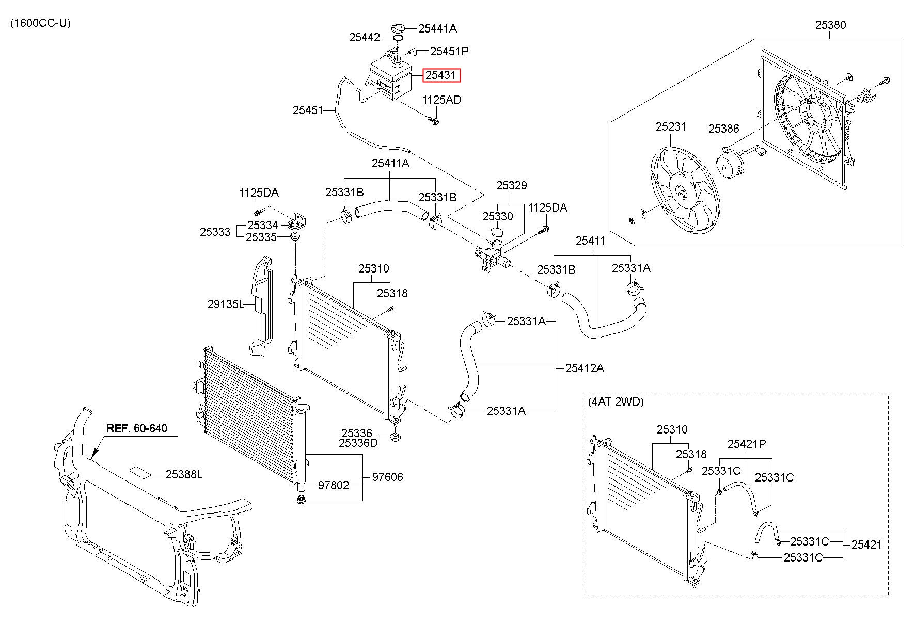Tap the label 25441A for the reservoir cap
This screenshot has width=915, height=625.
point(437,29)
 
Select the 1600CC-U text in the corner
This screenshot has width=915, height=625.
point(40,23)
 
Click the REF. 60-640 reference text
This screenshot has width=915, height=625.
point(137,428)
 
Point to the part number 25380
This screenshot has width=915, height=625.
point(831,24)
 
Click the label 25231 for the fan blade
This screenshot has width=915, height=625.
point(671,126)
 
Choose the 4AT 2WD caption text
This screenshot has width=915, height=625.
point(616,402)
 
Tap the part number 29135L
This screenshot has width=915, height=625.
point(226,305)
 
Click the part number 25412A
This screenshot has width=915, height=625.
point(585,368)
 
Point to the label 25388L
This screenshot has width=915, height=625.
point(184,474)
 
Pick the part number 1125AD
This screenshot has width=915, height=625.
point(442,100)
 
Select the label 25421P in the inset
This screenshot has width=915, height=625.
point(747,444)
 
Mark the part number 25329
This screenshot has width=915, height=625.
point(512,185)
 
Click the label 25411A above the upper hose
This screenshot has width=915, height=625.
point(390,163)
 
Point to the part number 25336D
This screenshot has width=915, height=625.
point(358,443)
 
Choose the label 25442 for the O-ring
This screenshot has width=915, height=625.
point(365,37)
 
